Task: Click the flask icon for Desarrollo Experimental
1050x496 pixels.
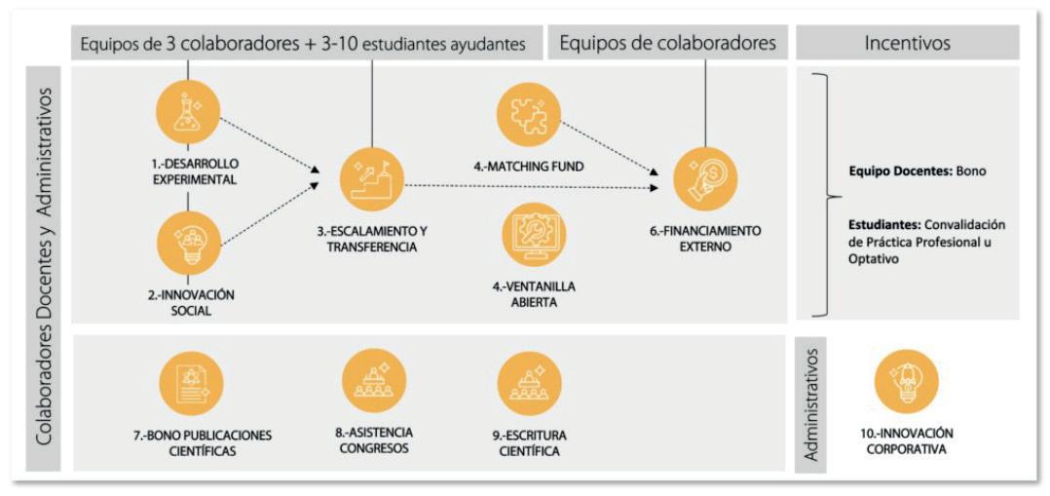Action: point(187,111)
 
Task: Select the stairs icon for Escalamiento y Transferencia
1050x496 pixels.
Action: point(372,179)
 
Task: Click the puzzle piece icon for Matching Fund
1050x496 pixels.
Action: point(529,114)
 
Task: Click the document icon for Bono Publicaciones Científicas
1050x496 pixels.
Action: point(192,383)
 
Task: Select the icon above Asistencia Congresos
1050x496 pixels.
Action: point(373,381)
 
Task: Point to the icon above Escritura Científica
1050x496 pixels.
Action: point(529,383)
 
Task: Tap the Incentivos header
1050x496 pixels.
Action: point(907,43)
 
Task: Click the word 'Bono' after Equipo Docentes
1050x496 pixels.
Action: point(970,172)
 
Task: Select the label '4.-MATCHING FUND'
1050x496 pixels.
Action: point(529,167)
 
